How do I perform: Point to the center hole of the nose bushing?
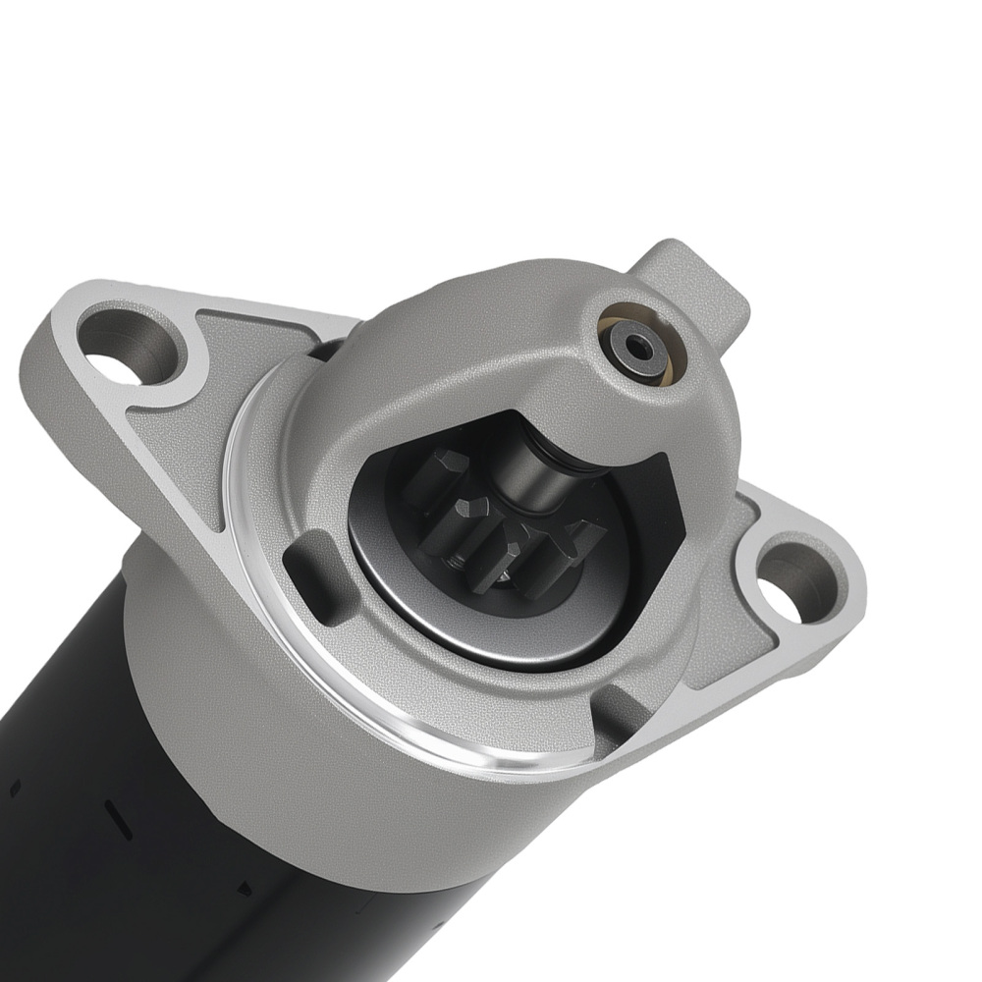pyautogui.click(x=641, y=346)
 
